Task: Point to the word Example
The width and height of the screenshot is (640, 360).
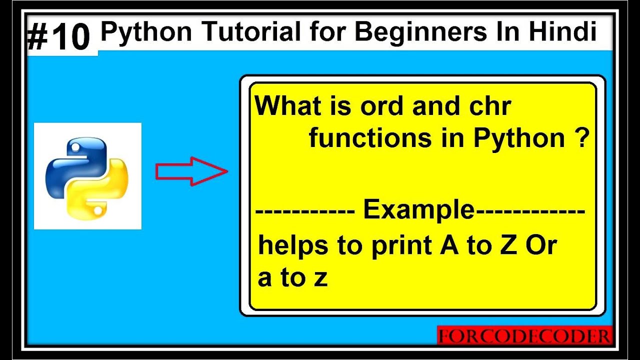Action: [418, 210]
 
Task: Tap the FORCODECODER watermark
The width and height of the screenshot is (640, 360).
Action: [524, 335]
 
